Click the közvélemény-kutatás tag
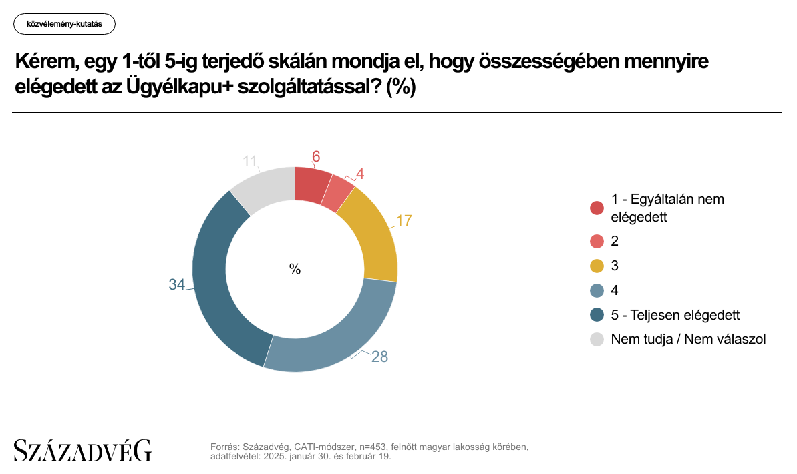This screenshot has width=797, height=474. pos(64,24)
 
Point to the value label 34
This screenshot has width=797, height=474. pos(176,285)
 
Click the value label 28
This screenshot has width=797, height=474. pos(380,357)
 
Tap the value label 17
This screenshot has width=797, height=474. pos(405,220)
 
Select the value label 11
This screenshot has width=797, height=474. pos(250,161)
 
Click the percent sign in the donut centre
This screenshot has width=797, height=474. pos(295,269)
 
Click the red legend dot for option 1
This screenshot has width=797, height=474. pos(597,208)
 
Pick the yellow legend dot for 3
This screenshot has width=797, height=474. pos(597,266)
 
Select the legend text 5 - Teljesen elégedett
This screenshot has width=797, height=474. pos(675,314)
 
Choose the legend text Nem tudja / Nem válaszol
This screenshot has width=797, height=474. pos(688,339)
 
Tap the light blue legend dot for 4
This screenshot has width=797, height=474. pos(597,290)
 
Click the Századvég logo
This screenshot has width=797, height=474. pos(83,451)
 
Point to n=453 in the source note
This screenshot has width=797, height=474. pos(373,447)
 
